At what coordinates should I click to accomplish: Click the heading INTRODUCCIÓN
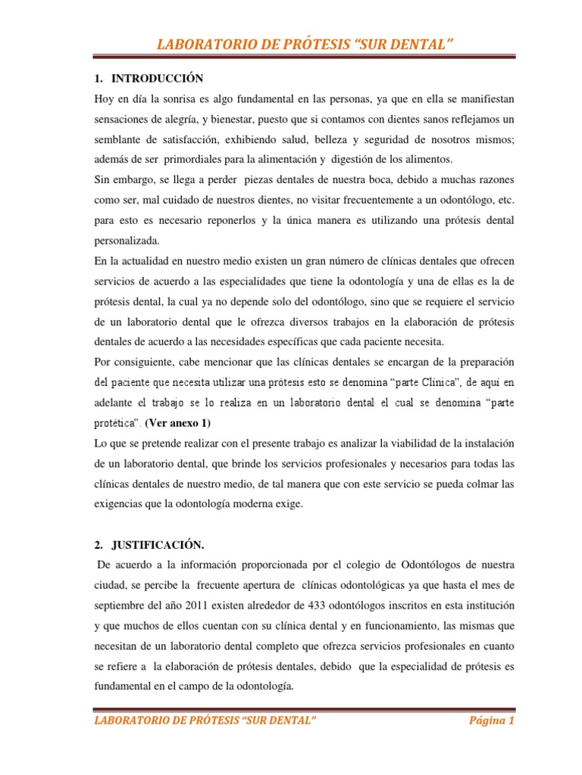(158, 79)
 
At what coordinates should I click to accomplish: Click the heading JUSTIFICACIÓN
(158, 543)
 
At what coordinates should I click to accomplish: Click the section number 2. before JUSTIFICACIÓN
(100, 543)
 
